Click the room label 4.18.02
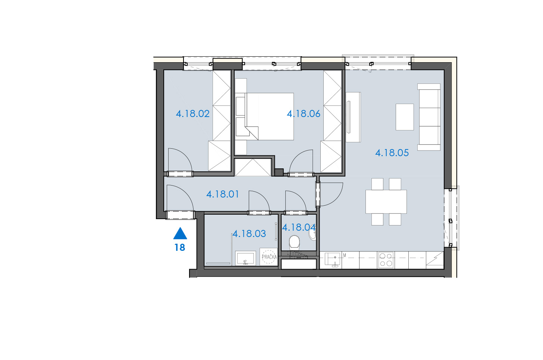point(193,114)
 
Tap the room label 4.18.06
point(304,114)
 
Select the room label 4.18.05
point(392,153)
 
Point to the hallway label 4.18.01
point(223,194)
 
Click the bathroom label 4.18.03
point(249,234)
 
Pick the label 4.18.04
point(299,227)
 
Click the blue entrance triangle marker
point(180,233)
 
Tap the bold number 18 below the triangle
point(180,247)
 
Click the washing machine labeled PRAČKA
point(269,257)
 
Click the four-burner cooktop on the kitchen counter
point(386,260)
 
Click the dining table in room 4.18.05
point(386,202)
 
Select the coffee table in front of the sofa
point(405,117)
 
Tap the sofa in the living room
point(429,117)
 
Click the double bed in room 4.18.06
point(269,117)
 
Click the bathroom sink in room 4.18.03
point(245,258)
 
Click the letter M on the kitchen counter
point(345,255)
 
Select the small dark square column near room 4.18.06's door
point(279,172)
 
